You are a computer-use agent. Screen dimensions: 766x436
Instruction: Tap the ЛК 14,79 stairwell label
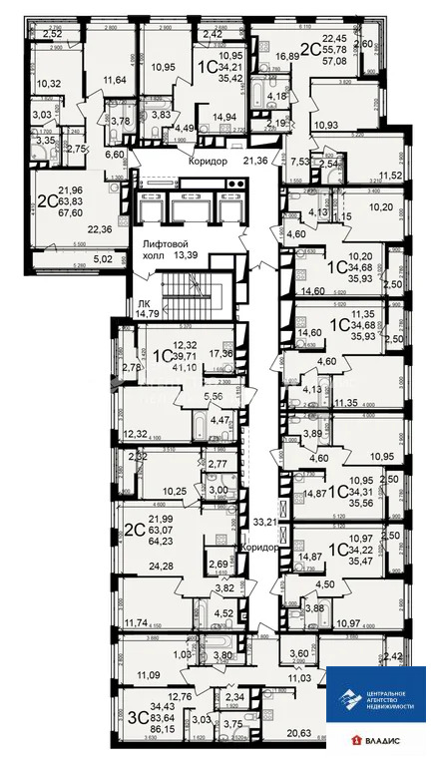pos(130,308)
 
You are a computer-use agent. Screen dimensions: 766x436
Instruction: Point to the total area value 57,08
pos(316,60)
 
